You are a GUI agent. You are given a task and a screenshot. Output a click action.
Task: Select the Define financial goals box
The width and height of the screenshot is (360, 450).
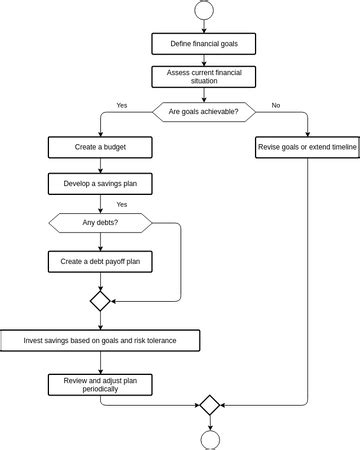pyautogui.click(x=205, y=44)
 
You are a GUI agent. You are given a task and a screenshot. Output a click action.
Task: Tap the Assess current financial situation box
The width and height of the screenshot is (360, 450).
pyautogui.click(x=205, y=77)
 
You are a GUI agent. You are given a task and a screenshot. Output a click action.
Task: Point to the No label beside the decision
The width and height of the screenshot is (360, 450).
pyautogui.click(x=275, y=105)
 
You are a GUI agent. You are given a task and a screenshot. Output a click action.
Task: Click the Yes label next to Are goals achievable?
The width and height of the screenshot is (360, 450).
pyautogui.click(x=121, y=105)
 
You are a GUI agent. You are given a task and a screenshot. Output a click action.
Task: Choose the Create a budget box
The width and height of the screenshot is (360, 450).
pyautogui.click(x=100, y=147)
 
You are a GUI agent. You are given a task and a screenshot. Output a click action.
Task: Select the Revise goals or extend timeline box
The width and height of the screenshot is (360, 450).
pyautogui.click(x=307, y=147)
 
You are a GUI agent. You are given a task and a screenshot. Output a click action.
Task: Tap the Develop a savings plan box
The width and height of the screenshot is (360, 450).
pyautogui.click(x=100, y=184)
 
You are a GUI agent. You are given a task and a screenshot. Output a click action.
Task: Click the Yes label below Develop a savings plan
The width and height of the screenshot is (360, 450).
pyautogui.click(x=121, y=204)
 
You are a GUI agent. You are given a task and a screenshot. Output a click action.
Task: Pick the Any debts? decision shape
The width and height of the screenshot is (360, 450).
pyautogui.click(x=100, y=223)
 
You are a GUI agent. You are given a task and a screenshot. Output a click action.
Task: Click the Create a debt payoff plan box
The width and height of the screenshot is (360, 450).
pyautogui.click(x=100, y=261)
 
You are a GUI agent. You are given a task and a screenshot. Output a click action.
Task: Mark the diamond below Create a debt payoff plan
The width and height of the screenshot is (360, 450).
pyautogui.click(x=100, y=299)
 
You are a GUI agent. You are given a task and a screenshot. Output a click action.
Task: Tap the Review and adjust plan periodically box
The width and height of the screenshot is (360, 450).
pyautogui.click(x=100, y=384)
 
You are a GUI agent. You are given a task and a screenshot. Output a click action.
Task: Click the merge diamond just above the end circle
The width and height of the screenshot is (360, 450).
pyautogui.click(x=208, y=405)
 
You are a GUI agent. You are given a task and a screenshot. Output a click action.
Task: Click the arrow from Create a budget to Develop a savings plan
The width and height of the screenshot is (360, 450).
pyautogui.click(x=100, y=165)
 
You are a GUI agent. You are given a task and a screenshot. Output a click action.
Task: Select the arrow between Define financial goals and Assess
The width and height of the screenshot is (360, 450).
pyautogui.click(x=205, y=60)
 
